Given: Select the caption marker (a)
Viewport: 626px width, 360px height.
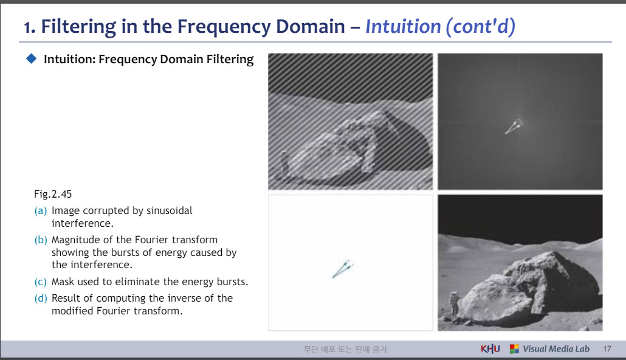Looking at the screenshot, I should point(40,210).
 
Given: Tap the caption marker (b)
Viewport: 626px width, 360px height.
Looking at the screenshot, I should point(40,240).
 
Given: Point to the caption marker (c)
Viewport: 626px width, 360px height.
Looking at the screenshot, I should point(40,282).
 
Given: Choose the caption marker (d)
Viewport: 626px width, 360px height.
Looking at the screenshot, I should point(40,298).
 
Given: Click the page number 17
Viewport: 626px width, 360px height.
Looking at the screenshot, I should point(607,349).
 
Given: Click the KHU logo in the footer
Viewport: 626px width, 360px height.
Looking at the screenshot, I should point(490,349).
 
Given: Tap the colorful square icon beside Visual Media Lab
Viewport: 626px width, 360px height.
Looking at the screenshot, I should point(514,349).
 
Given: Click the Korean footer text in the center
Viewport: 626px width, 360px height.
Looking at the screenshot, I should point(345,349).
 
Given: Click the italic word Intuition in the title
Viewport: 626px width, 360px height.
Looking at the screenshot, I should point(402,27).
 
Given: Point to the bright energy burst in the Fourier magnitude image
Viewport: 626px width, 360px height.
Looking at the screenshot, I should point(514,126).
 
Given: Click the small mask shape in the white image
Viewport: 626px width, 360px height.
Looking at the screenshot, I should point(342,269).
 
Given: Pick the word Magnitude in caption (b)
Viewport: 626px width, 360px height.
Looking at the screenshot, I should point(75,240).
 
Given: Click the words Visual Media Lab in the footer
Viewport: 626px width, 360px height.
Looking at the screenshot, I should point(556,349).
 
